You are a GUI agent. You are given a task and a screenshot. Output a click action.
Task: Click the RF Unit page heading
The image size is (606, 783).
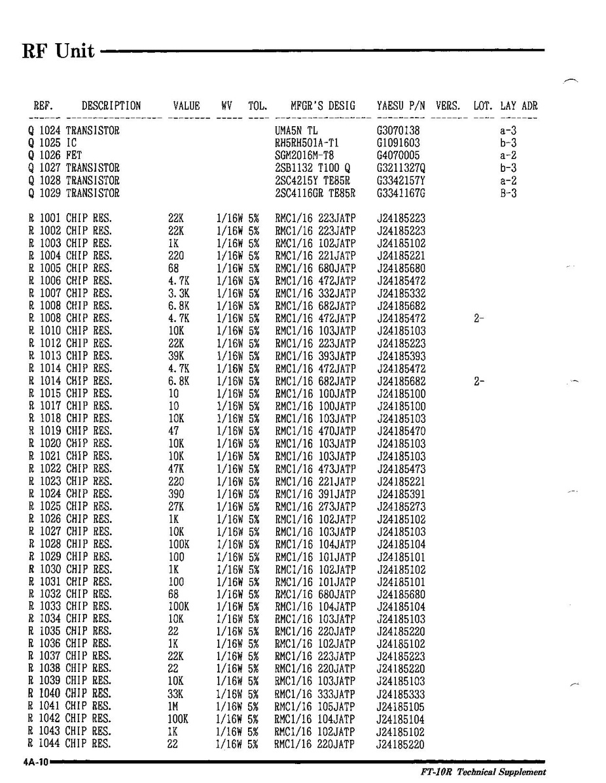click(58, 50)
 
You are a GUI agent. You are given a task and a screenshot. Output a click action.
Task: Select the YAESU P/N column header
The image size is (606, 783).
click(401, 106)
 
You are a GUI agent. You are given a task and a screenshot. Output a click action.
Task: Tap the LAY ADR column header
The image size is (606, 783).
click(519, 106)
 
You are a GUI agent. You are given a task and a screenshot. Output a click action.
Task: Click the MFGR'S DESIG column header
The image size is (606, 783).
click(323, 106)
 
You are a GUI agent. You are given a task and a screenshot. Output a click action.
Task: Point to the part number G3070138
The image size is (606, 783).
click(399, 131)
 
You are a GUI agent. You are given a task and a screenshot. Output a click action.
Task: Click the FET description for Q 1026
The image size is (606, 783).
click(73, 156)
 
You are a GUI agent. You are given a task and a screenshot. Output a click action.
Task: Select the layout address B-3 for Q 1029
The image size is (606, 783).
click(508, 193)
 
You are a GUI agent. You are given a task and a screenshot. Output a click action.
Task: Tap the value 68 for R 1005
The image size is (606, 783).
click(173, 269)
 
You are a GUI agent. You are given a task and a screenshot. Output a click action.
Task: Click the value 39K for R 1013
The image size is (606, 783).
click(175, 356)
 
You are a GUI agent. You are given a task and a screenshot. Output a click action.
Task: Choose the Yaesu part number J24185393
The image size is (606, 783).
click(401, 356)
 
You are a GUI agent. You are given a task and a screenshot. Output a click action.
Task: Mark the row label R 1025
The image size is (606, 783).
click(44, 507)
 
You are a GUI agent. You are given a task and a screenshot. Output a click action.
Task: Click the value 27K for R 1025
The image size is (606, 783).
click(175, 507)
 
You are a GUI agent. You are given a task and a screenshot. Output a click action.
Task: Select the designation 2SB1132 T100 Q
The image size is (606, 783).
click(313, 168)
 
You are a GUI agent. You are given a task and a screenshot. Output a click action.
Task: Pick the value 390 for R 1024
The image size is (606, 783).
click(176, 494)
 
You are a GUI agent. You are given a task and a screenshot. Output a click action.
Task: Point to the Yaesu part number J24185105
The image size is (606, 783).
click(401, 707)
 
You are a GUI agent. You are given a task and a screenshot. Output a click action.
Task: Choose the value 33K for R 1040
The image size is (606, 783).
click(175, 694)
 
